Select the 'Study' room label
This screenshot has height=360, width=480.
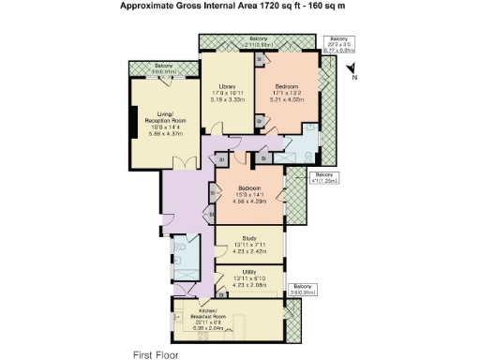249,239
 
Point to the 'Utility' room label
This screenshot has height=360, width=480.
249,271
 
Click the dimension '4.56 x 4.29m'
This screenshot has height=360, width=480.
249,201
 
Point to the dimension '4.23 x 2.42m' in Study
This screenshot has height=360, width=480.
249,251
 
